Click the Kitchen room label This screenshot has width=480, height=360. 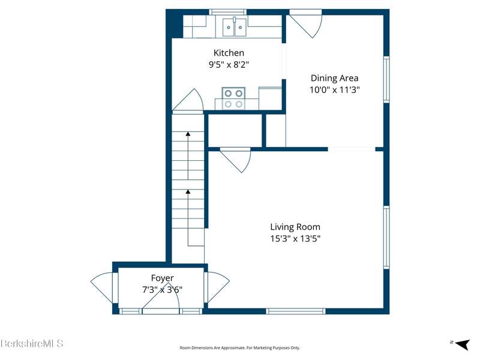point(229,53)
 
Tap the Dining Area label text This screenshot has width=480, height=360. point(334,78)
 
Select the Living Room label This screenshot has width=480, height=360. point(295,227)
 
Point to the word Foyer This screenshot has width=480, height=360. point(162,278)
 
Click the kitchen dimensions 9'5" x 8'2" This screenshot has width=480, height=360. point(229,65)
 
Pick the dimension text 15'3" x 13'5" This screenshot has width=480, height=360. point(295,238)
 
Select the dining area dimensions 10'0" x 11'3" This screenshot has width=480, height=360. point(334,90)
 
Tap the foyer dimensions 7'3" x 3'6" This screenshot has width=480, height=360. point(162,289)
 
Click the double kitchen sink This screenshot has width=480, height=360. point(234,27)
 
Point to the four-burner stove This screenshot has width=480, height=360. point(233,98)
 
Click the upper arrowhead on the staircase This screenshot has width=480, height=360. point(188,134)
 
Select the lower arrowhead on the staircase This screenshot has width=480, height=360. point(188,191)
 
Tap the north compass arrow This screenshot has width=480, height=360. point(462,344)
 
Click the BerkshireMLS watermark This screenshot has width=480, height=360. point(32,343)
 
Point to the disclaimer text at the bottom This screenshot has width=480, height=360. point(239,348)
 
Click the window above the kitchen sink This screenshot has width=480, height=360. point(228,12)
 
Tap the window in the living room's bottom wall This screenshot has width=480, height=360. point(295,311)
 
